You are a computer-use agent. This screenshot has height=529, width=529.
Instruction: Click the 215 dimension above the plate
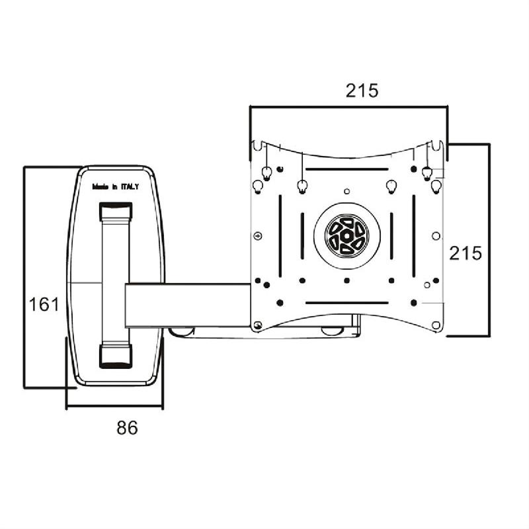362,91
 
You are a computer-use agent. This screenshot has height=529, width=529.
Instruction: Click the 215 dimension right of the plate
466,252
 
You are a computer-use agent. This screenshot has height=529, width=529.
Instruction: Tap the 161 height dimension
44,304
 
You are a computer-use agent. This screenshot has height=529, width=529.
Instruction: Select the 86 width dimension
127,428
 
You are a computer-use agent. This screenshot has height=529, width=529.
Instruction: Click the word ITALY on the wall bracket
130,187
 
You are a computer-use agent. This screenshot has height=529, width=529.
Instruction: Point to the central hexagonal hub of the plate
347,236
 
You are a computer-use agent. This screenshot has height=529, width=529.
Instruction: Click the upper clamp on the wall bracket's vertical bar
116,212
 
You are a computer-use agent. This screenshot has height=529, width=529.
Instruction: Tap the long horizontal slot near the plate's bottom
346,303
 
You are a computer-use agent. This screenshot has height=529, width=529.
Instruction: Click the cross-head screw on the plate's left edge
257,235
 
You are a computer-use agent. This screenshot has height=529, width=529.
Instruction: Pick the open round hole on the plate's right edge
435,235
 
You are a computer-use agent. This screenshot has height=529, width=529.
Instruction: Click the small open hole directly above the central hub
347,190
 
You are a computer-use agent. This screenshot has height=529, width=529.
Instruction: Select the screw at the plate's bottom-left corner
258,325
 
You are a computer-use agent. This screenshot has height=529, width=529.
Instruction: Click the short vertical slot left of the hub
302,235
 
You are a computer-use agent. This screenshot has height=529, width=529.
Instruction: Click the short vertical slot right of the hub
391,235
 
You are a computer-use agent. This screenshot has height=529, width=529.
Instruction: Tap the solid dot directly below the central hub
347,280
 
